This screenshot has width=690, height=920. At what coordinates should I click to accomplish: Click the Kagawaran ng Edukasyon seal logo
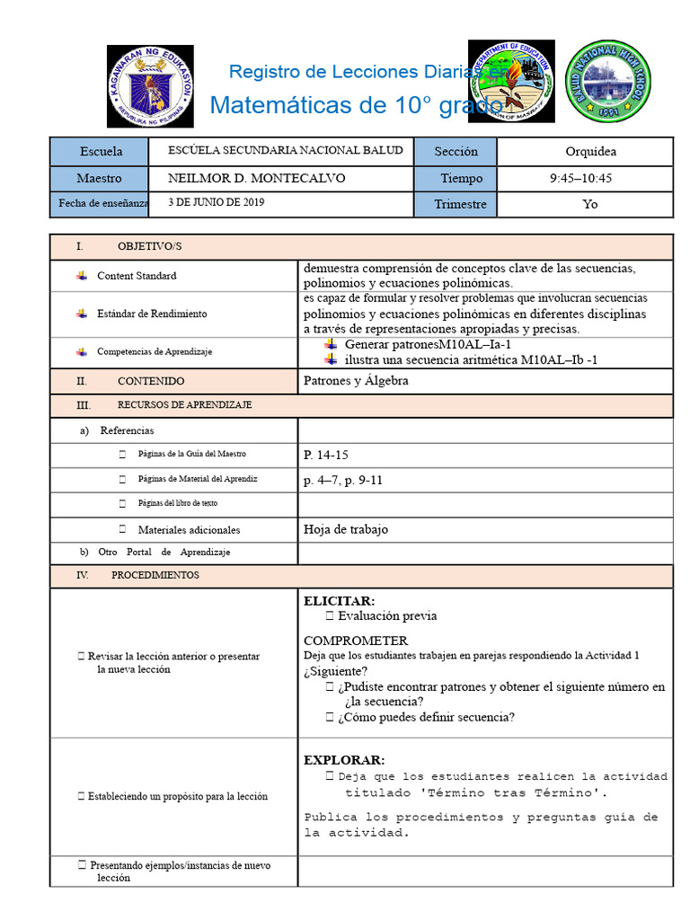[150, 86]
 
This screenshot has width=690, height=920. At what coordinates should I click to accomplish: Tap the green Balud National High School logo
[608, 82]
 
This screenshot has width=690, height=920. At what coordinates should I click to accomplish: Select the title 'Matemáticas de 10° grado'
[356, 105]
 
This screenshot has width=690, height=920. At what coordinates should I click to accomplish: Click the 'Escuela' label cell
[101, 151]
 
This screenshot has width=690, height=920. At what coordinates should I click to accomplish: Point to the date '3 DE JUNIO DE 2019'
[217, 203]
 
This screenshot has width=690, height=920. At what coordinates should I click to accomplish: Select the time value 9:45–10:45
[580, 178]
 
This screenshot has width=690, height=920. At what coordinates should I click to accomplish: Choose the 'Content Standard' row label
[137, 276]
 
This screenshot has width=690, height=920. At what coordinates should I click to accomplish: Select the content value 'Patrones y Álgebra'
[356, 380]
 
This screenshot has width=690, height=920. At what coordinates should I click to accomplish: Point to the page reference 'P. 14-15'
[325, 455]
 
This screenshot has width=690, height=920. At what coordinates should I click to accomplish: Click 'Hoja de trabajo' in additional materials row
[346, 529]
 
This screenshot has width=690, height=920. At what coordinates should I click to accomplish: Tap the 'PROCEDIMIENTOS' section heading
[155, 575]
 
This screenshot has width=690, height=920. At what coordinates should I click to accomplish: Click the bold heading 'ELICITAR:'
[339, 600]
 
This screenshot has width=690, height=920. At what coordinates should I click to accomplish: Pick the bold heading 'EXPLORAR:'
[343, 759]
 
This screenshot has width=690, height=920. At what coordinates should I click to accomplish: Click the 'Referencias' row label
[127, 430]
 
